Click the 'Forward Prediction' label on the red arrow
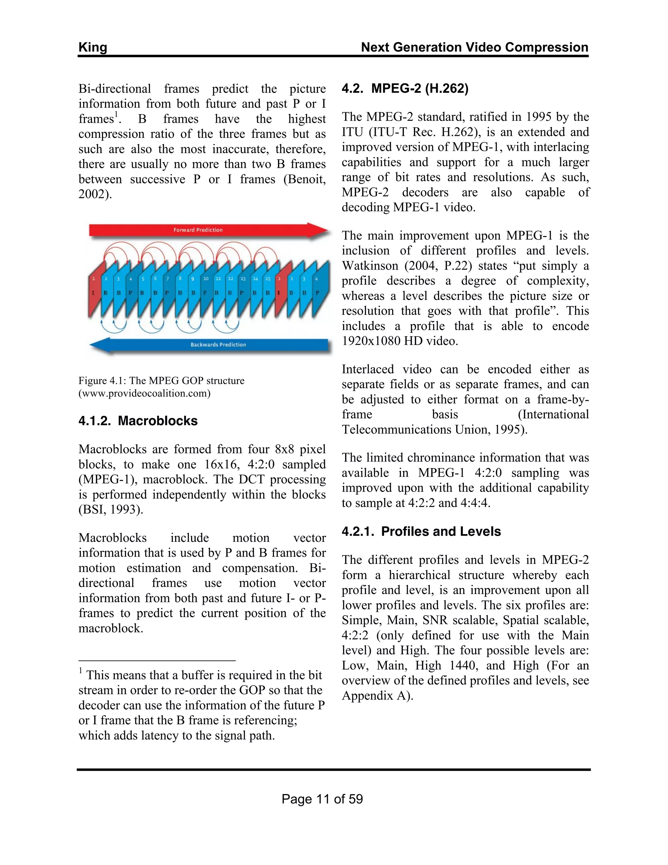[x=198, y=230]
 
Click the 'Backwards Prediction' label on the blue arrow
[x=218, y=345]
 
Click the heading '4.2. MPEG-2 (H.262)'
[x=405, y=88]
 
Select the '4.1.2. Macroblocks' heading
[x=138, y=421]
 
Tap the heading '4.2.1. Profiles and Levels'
[x=421, y=531]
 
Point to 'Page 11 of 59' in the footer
[x=322, y=799]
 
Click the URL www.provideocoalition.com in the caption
[x=144, y=393]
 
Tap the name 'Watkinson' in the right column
[x=370, y=266]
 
